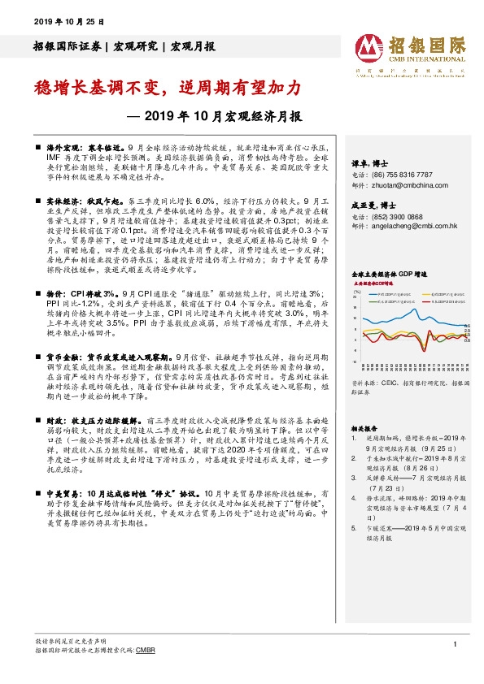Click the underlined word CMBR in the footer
[x=145, y=651]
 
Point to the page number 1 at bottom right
[x=452, y=643]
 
